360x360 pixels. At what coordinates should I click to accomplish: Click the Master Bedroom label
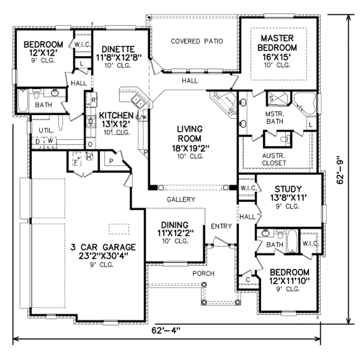[x=278, y=43]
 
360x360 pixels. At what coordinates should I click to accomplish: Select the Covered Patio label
[x=196, y=41]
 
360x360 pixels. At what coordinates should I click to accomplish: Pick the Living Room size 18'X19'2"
[x=190, y=148]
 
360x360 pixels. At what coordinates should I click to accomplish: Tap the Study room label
[x=288, y=188]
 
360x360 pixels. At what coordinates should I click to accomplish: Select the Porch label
[x=203, y=273]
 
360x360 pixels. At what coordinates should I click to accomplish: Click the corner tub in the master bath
[x=305, y=102]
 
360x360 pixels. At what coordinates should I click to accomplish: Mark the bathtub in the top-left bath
[x=23, y=100]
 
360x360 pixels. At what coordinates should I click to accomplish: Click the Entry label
[x=221, y=226]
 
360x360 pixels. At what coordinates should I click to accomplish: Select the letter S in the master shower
[x=270, y=97]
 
